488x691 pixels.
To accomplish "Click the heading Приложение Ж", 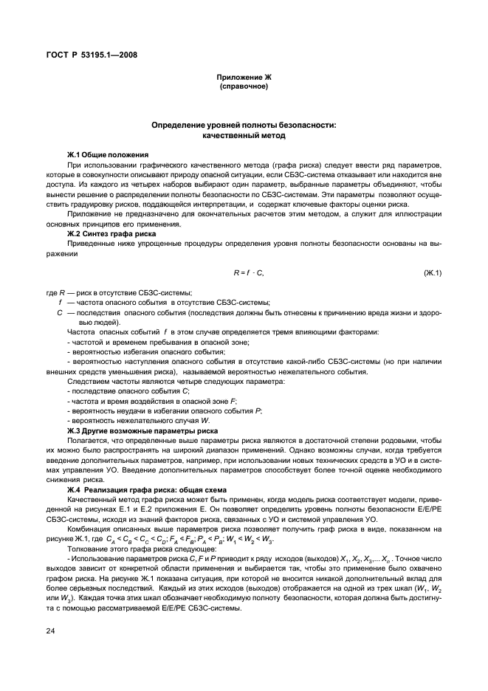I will click(243, 78).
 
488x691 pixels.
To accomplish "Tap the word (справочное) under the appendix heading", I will click(243, 86).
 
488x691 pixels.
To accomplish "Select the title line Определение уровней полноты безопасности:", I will click(243, 126).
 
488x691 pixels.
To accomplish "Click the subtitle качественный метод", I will click(243, 136).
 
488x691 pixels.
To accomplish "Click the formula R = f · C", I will click(247, 273).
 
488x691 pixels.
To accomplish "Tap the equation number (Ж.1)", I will click(432, 273).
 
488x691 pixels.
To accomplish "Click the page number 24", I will click(50, 632).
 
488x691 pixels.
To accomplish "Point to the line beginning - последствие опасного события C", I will click(118, 391).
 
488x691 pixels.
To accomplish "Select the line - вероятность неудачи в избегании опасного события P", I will click(163, 410).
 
